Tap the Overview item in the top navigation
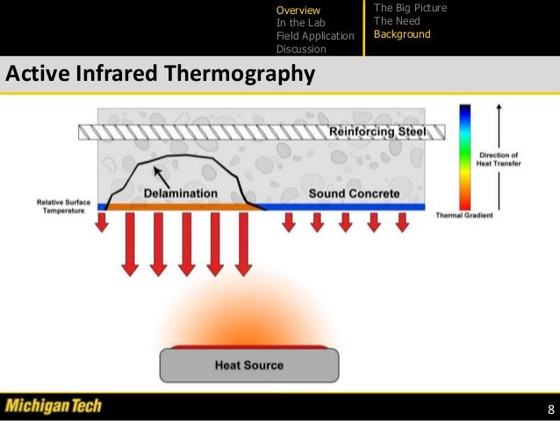(299, 10)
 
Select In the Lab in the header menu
(301, 23)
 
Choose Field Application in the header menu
(315, 36)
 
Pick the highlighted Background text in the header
(402, 34)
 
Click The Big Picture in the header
(410, 8)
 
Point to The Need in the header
(397, 21)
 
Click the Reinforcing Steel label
(377, 132)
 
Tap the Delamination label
(182, 193)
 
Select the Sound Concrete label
(355, 193)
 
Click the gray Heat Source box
(249, 365)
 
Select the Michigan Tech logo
(54, 406)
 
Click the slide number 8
(550, 410)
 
